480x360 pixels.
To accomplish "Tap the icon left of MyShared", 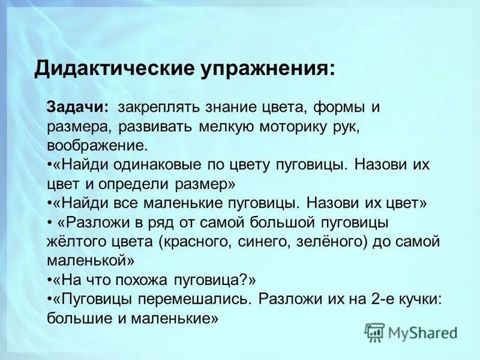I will pos(374,332).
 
